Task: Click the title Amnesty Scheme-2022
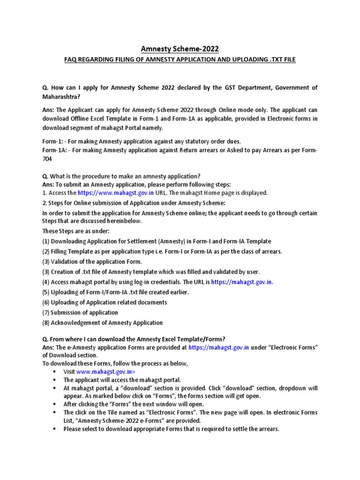[x=180, y=49]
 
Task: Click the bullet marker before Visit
[x=55, y=371]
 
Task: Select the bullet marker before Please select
[x=55, y=428]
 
